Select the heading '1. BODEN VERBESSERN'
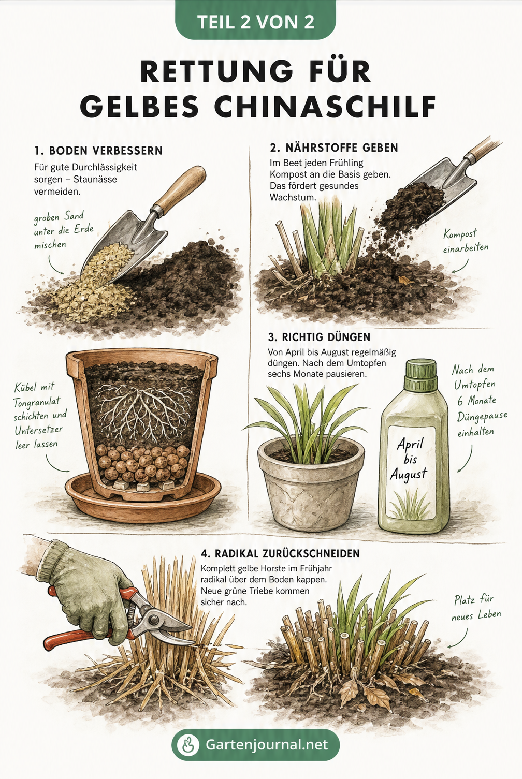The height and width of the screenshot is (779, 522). (98, 151)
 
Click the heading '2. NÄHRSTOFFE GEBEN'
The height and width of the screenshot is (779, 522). (334, 148)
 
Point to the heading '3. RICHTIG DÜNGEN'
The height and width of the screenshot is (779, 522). (319, 337)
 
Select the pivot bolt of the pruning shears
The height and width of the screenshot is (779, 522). (154, 619)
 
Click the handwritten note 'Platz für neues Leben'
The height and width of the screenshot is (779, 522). (475, 608)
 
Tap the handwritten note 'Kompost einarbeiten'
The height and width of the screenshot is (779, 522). (465, 241)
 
